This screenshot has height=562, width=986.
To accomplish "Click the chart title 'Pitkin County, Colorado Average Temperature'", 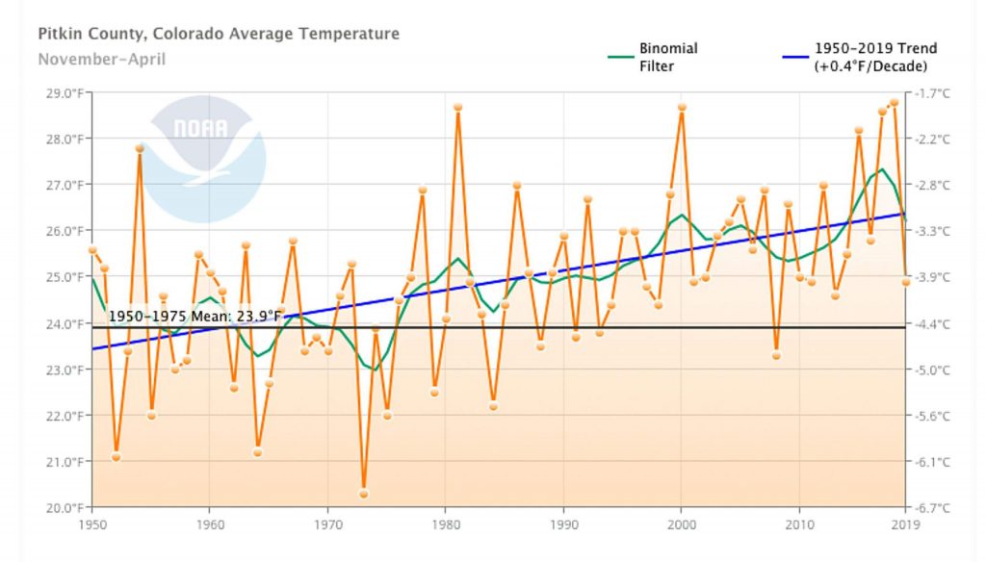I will coord(218,35).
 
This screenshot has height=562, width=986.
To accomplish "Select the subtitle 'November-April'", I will coord(101,60).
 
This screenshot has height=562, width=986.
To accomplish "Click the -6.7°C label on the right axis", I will coord(934,508).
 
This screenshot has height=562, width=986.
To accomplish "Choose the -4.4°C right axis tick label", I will coord(934,324).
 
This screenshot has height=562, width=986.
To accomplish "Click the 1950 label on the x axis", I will coord(92,525).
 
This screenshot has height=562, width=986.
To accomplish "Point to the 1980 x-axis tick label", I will coord(446,525).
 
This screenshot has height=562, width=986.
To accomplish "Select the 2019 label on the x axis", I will coord(906,525).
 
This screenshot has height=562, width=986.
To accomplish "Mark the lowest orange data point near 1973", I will coord(364,494).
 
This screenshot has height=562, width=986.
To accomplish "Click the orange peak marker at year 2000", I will coord(682,108).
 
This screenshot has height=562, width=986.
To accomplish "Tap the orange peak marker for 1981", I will coord(457,108).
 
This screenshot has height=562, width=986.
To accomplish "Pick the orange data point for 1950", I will coord(92,250).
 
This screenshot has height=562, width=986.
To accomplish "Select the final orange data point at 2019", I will coord(906,282).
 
